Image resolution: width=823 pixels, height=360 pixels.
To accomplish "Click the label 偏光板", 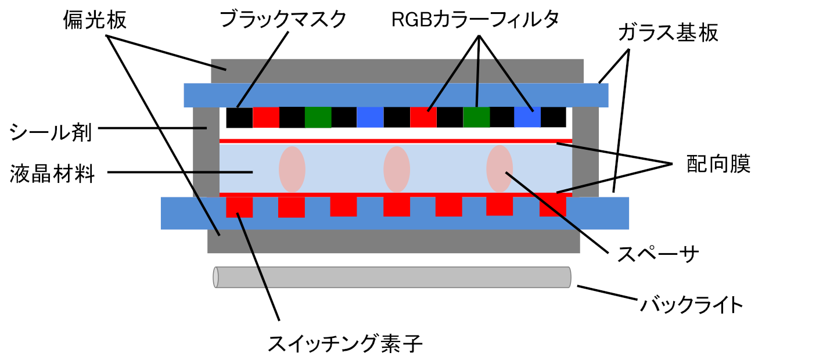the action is point(95,20).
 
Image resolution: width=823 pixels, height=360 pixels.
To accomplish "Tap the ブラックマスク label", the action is point(283,19).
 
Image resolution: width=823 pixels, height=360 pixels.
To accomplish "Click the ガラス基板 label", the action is point(668,33).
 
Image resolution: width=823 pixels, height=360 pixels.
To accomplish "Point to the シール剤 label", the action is point(51,132).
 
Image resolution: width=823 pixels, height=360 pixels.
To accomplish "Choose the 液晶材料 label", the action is point(52,174).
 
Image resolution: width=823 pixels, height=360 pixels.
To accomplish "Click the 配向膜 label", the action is point(718,164).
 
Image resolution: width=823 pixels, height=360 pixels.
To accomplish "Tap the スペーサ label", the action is point(658,254).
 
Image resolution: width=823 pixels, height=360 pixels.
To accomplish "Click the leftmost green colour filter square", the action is point(318,117).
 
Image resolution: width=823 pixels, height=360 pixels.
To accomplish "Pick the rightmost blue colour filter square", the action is point(527,117).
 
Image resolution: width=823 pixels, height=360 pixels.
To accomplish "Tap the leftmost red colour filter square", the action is point(266,117).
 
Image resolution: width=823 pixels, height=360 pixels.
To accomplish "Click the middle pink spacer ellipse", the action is point(397,170).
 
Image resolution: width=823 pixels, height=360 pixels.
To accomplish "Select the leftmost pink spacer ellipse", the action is point(292,170).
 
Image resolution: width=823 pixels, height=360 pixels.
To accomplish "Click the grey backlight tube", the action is point(392,278).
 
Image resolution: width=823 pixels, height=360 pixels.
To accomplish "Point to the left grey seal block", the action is point(206,152).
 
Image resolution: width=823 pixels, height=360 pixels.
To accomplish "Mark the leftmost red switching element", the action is point(239,207).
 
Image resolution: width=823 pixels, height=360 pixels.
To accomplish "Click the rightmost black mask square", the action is point(554,117).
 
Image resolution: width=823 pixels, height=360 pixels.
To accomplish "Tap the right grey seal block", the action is point(585,152).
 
